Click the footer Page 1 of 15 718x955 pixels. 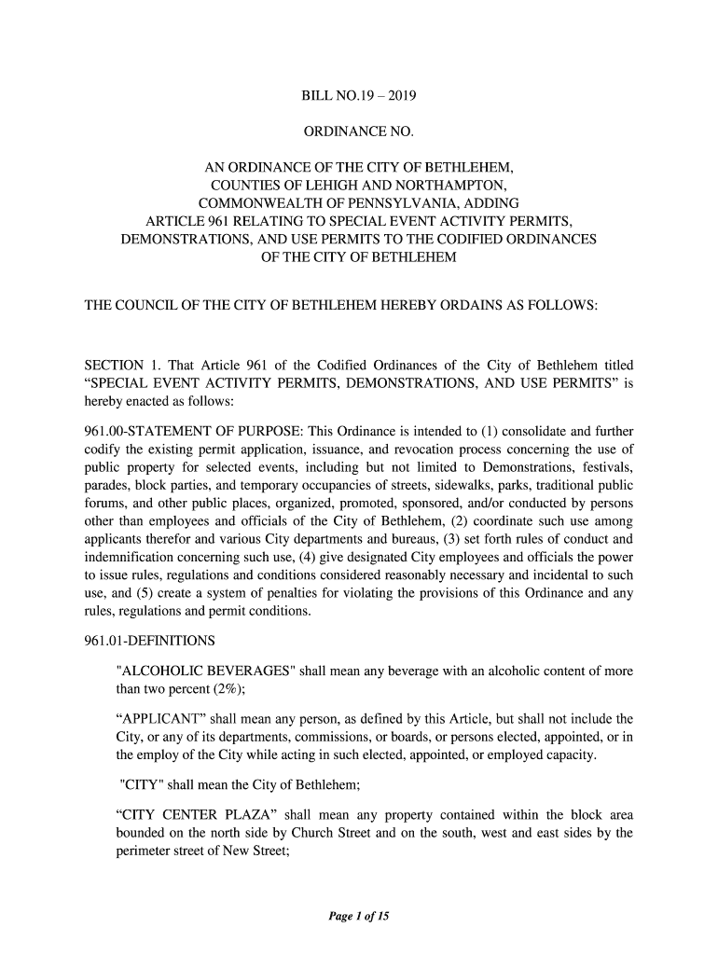pyautogui.click(x=359, y=917)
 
